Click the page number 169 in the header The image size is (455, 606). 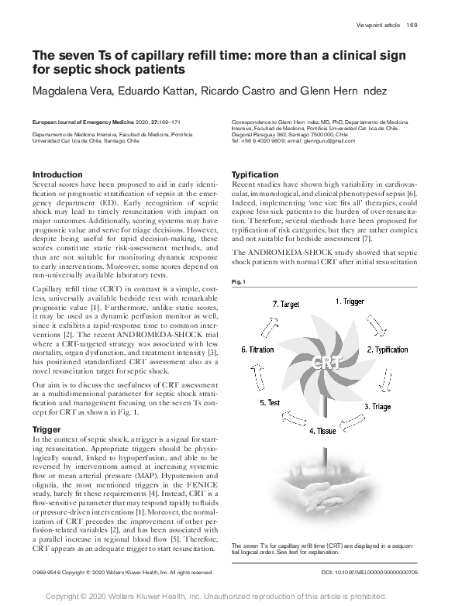[412, 26]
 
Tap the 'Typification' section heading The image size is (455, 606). [255, 175]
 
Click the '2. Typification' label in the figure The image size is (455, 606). [388, 349]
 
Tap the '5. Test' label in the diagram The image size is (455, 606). [269, 403]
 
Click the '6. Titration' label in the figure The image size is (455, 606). [258, 349]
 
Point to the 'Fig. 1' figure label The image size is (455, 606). [239, 281]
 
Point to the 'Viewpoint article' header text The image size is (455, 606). [378, 26]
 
